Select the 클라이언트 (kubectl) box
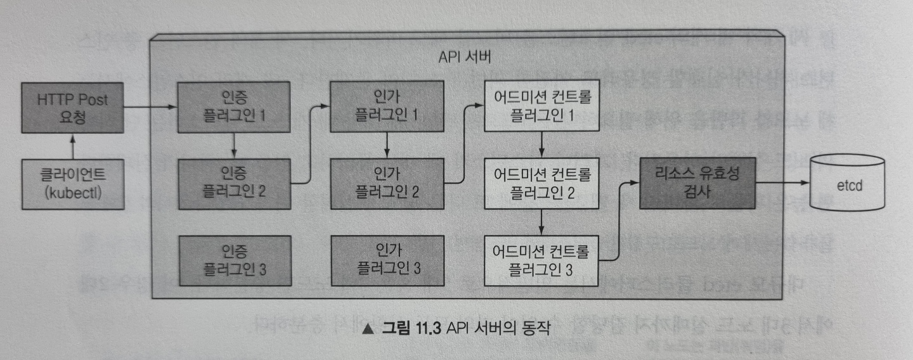(72, 184)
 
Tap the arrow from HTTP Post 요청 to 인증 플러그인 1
(151, 108)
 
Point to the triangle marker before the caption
(367, 330)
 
